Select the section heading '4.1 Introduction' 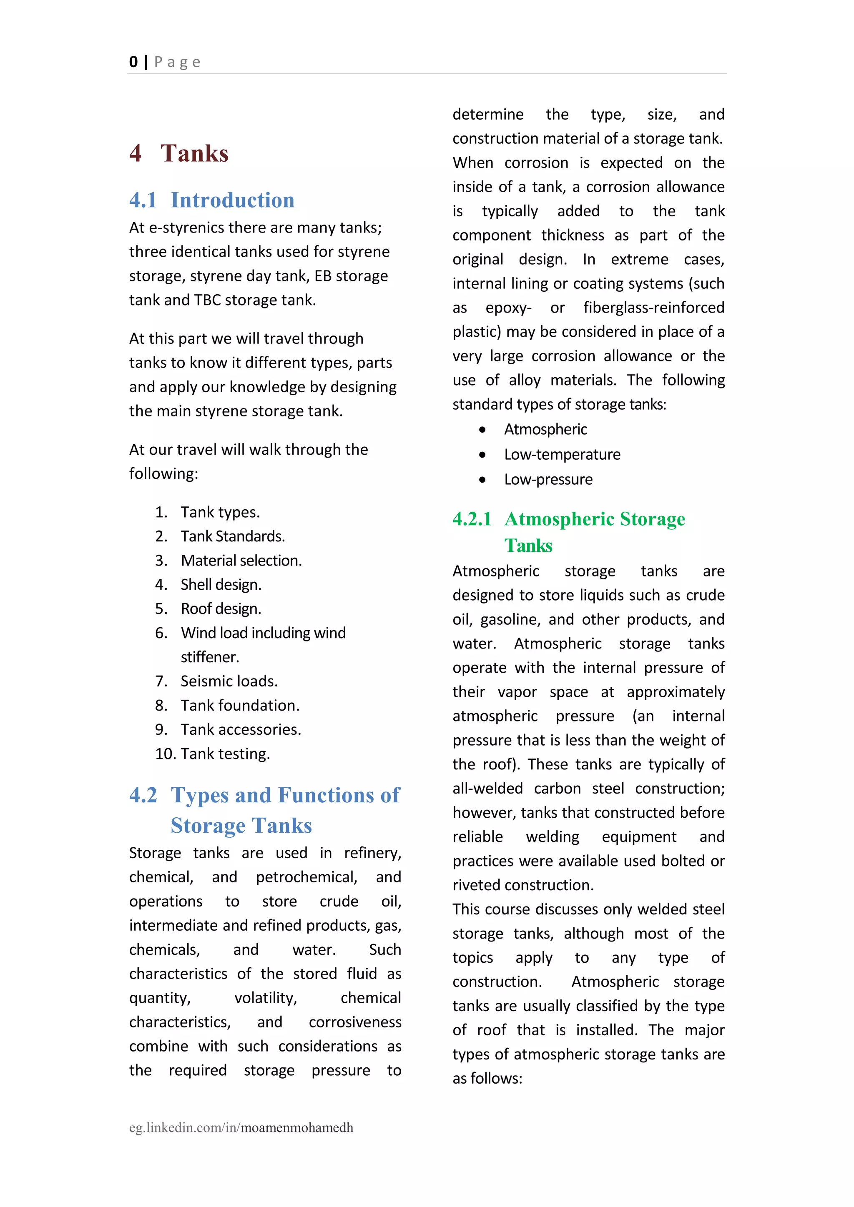(211, 200)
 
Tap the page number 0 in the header (133, 62)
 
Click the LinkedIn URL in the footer (241, 1128)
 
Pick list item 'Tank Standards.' (232, 536)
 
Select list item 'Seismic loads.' (229, 681)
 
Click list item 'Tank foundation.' (240, 706)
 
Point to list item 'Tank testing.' (225, 754)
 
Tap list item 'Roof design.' (221, 609)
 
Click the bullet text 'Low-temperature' (562, 455)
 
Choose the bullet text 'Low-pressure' (548, 479)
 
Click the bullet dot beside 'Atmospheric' (482, 430)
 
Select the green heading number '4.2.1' (472, 519)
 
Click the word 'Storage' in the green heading (652, 519)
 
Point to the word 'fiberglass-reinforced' (654, 308)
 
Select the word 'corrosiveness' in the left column (355, 1022)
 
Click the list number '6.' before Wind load (161, 633)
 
